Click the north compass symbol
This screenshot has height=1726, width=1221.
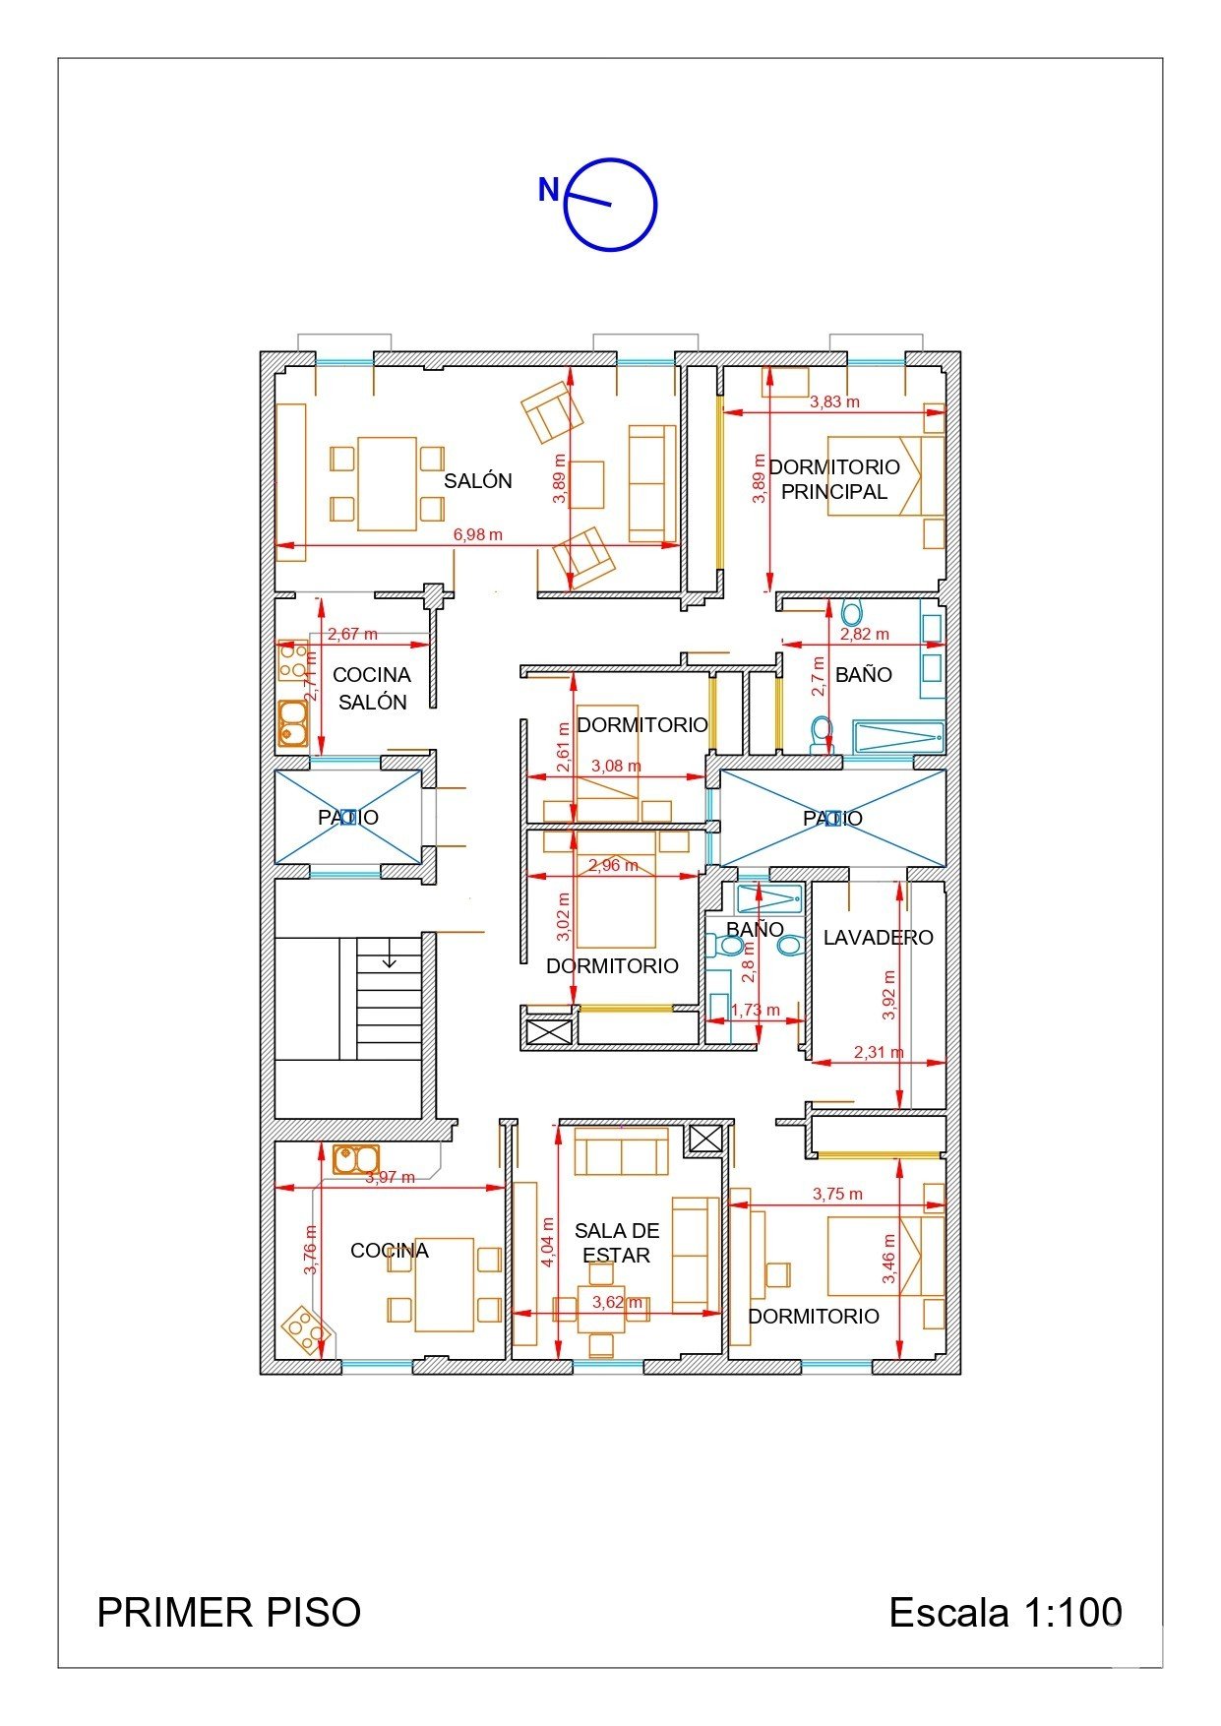(x=609, y=205)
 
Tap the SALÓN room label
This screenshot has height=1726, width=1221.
(x=478, y=481)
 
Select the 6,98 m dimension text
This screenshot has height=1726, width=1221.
(x=477, y=535)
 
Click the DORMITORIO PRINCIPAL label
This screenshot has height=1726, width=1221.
(x=834, y=479)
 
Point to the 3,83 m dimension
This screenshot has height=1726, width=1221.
(x=834, y=401)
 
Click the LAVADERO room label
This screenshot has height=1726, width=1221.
(x=878, y=938)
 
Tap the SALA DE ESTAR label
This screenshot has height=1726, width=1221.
(x=617, y=1243)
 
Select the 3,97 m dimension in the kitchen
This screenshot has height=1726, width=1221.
(x=391, y=1177)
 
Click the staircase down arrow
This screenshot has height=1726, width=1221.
(x=390, y=954)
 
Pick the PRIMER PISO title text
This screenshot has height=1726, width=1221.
(x=229, y=1613)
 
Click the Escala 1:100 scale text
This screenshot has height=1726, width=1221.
(x=1006, y=1613)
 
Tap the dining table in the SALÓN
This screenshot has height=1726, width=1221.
(x=387, y=483)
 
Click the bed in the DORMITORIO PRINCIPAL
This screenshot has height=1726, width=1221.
(x=885, y=476)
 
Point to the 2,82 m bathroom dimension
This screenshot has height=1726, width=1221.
(x=864, y=635)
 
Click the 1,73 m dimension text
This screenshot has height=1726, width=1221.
(x=755, y=1010)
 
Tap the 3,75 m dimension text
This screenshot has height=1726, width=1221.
(x=837, y=1194)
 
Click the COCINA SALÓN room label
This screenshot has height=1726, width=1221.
(x=372, y=688)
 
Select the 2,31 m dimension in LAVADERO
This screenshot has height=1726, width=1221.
(x=878, y=1052)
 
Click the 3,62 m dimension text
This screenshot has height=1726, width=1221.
(x=617, y=1302)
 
